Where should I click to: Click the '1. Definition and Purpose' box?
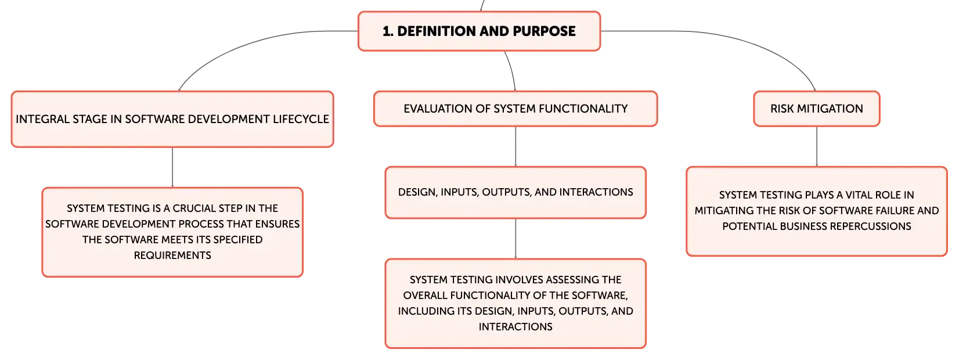click(479, 31)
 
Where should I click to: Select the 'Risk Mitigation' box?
click(816, 109)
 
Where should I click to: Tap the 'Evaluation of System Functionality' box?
click(515, 109)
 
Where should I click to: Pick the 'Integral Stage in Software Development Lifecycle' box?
click(172, 119)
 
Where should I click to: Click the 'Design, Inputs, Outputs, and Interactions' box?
click(515, 192)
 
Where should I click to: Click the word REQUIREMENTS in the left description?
click(172, 255)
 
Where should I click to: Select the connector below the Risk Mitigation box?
click(816, 146)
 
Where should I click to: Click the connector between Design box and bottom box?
click(515, 239)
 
